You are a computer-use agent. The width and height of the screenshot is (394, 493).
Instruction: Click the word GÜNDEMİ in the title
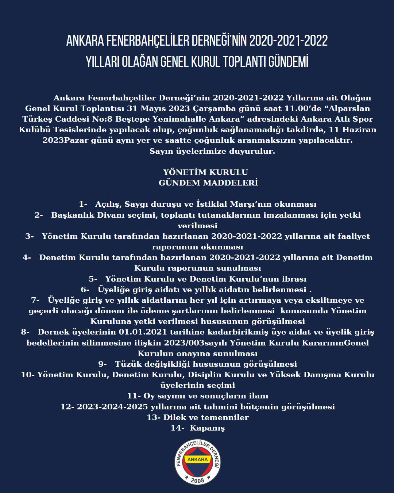pos(288,62)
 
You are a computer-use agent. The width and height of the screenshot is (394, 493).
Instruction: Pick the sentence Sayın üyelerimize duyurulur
pos(212,151)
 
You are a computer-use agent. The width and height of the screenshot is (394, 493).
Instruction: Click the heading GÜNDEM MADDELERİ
pos(208,183)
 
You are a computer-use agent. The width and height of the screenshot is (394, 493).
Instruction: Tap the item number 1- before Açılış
pos(83,204)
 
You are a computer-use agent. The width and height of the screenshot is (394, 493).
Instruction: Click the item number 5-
pos(93,279)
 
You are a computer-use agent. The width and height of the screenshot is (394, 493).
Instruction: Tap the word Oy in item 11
pos(149,396)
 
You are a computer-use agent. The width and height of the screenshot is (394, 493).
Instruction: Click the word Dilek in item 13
pos(175,417)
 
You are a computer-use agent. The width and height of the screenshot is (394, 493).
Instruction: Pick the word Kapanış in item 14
pos(207,428)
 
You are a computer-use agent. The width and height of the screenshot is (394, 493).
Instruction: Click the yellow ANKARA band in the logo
pos(197,459)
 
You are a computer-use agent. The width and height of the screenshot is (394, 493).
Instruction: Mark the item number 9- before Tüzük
pos(103,364)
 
